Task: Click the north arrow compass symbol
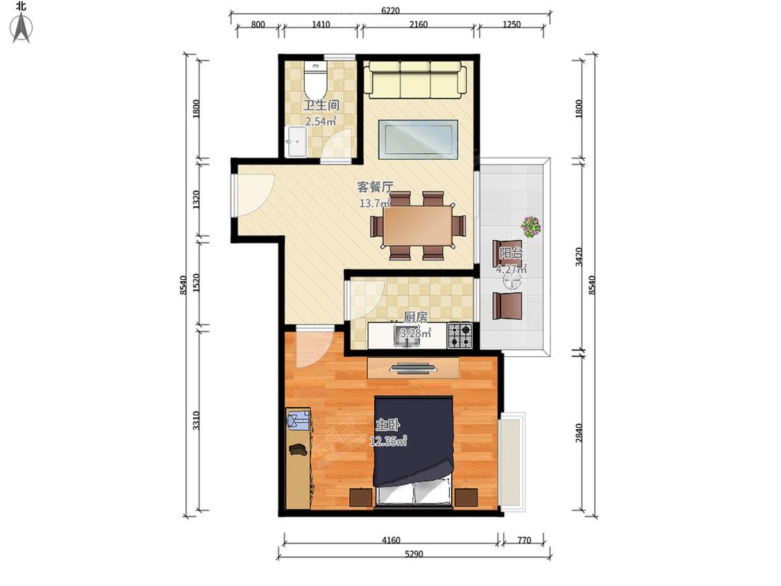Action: (x=22, y=28)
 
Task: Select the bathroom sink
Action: (x=296, y=142)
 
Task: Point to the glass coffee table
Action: (x=418, y=139)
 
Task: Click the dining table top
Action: (x=418, y=225)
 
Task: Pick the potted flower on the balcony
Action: (x=531, y=227)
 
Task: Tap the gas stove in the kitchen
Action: (x=460, y=335)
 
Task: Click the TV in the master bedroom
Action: (x=414, y=369)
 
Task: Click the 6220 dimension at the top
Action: (x=390, y=10)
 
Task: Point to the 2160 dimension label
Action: (x=419, y=24)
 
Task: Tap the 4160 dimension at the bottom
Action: (x=391, y=539)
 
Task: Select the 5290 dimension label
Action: (x=414, y=553)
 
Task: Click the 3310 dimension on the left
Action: (x=196, y=420)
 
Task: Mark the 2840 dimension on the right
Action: (x=578, y=433)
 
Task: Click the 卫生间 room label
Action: (x=321, y=105)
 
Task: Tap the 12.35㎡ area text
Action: (x=388, y=440)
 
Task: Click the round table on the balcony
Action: (x=512, y=281)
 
